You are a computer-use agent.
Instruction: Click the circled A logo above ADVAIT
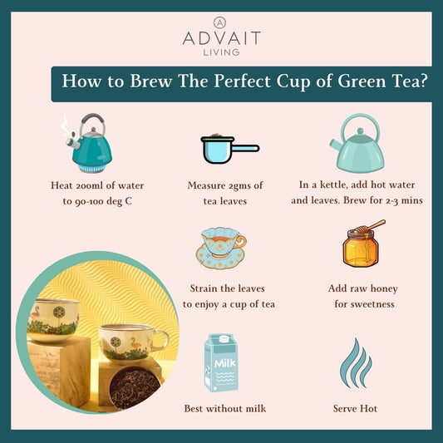[219, 22]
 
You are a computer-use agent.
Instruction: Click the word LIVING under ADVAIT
[221, 52]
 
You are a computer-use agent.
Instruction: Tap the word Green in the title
[362, 81]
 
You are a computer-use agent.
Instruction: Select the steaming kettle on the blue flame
[88, 143]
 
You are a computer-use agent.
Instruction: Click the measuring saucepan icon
[229, 149]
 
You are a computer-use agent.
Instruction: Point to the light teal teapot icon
[357, 143]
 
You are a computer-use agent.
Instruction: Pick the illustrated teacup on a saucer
[221, 248]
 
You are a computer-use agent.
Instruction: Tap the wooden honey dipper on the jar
[371, 226]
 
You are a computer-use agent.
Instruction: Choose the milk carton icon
[221, 362]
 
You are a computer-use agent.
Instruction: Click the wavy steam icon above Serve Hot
[356, 363]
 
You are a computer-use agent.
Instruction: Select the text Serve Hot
[355, 409]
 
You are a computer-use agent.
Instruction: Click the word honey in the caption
[384, 288]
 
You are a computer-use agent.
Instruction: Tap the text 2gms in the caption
[240, 185]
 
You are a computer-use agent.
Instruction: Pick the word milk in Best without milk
[256, 409]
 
